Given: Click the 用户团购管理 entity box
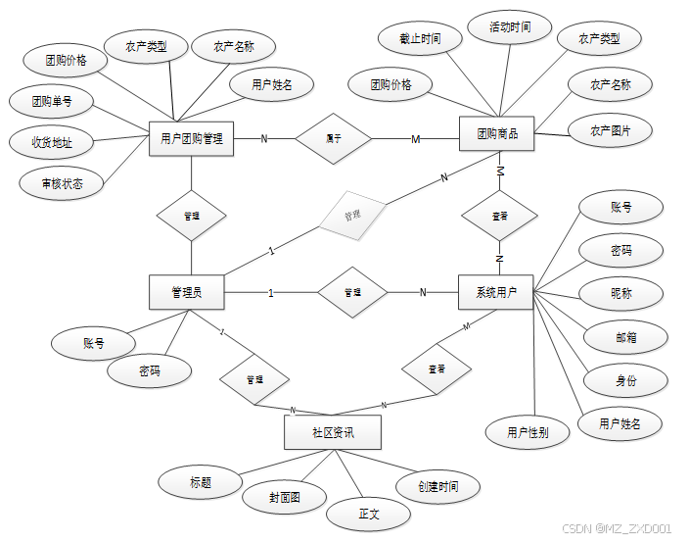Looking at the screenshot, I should click(x=191, y=139).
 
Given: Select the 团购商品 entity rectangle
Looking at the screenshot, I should click(x=498, y=134).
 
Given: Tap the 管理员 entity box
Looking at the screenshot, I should click(x=187, y=292).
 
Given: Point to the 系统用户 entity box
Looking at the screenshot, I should click(x=496, y=292).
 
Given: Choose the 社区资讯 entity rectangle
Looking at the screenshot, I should click(x=332, y=432).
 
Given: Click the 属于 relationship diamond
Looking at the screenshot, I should click(x=334, y=139).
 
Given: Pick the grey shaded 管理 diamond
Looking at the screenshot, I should click(x=352, y=216).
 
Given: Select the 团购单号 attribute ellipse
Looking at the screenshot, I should click(x=50, y=100).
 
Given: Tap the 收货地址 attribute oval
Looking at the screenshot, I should click(x=52, y=142).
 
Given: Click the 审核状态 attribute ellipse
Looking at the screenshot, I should click(x=62, y=182).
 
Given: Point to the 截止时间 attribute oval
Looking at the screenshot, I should click(x=420, y=39).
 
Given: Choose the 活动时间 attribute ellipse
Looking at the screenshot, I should click(x=511, y=27).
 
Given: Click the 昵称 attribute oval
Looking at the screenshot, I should click(x=621, y=293).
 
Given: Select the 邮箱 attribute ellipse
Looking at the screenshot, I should click(x=626, y=337).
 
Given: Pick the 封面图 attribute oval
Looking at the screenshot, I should click(x=284, y=498).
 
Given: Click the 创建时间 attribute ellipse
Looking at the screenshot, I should click(x=436, y=486).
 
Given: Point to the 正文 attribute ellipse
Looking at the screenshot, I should click(x=369, y=514).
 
